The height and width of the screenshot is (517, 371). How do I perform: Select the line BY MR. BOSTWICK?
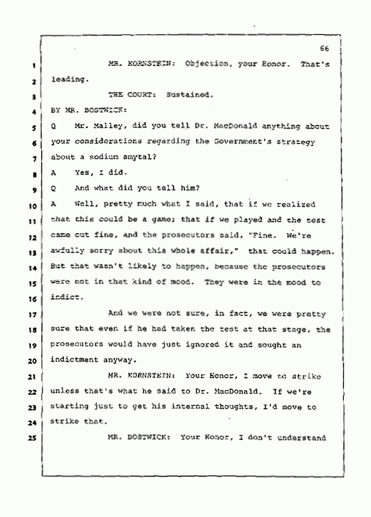tap(88, 110)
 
